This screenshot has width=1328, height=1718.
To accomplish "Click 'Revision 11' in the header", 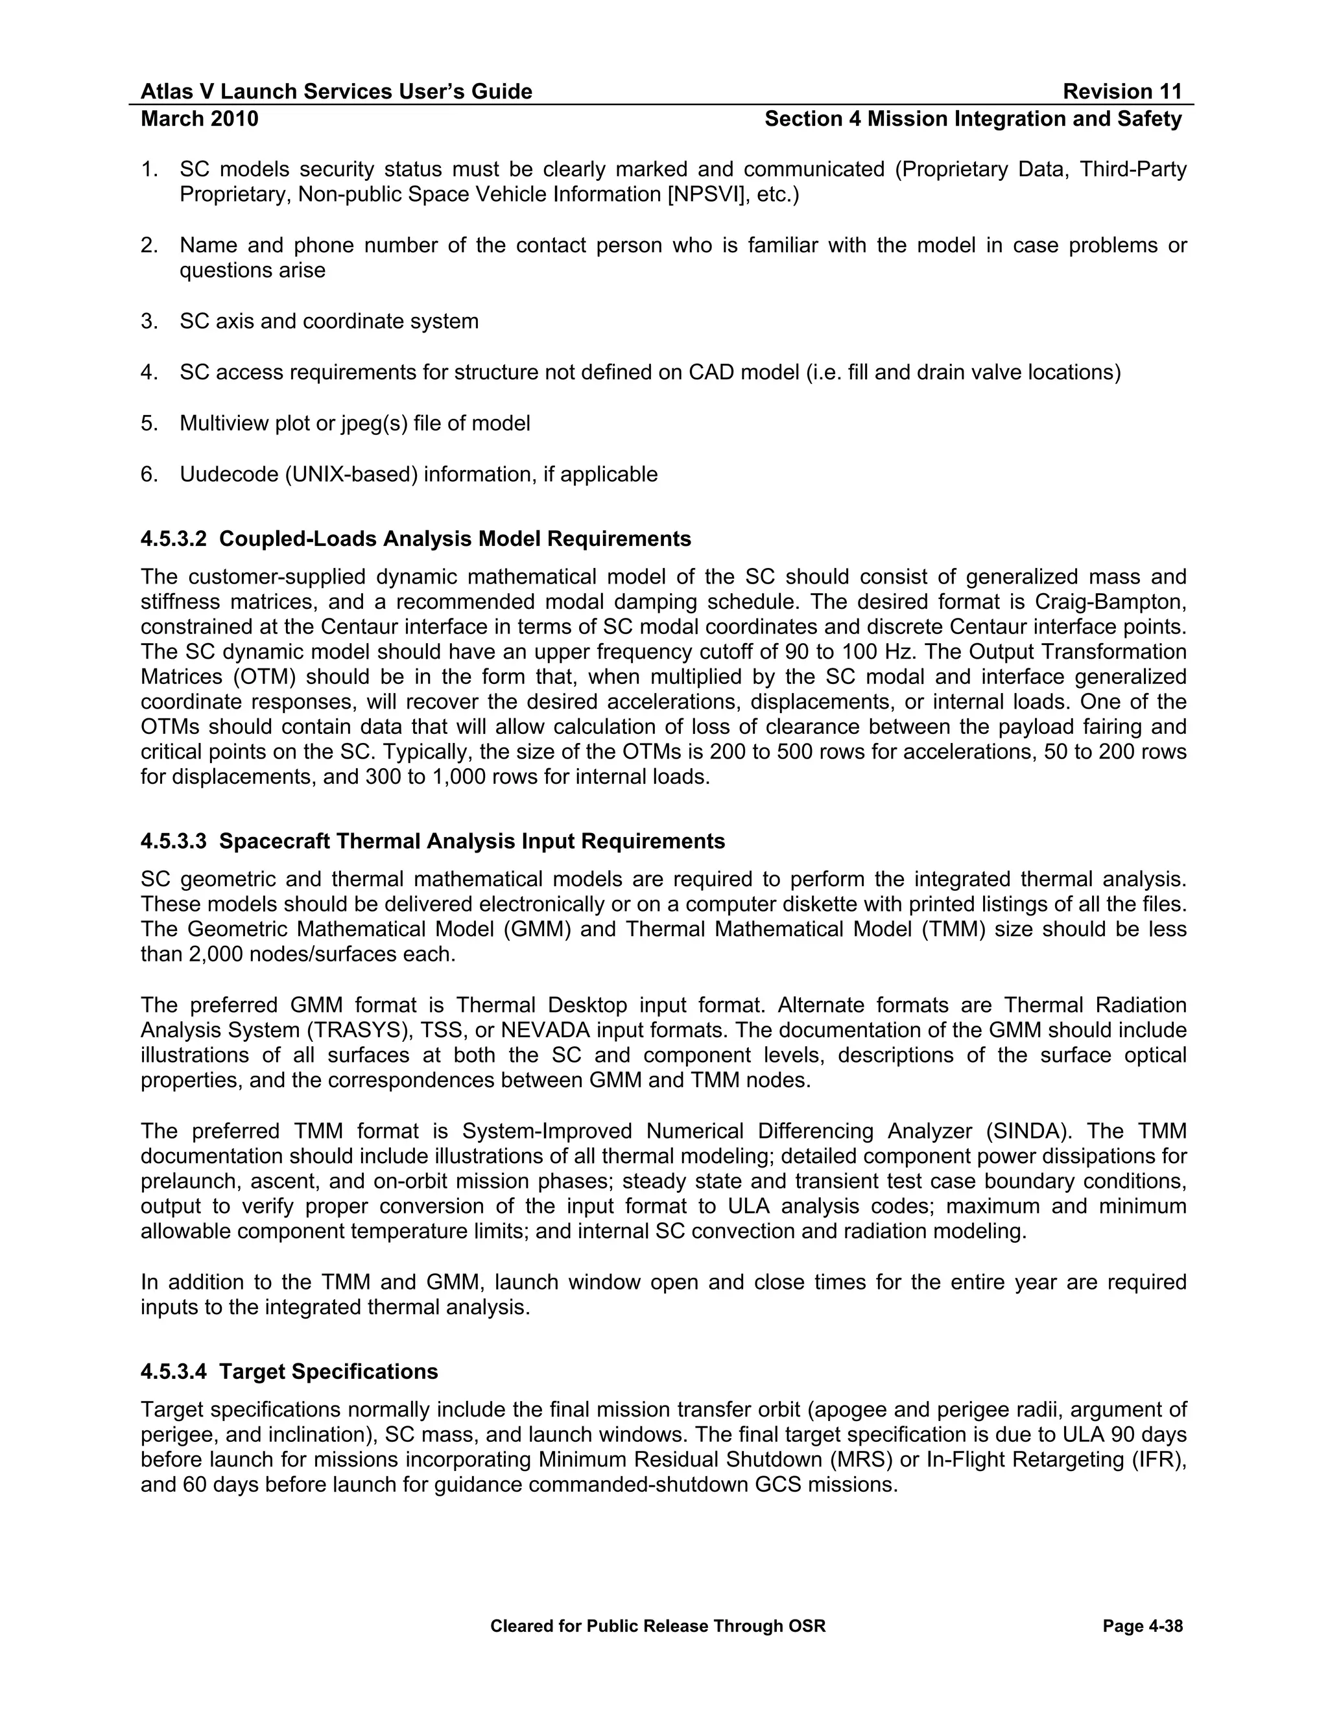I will click(1122, 92).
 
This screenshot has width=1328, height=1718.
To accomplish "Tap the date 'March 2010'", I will click(199, 119).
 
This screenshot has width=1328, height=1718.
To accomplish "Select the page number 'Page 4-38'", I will click(1143, 1626).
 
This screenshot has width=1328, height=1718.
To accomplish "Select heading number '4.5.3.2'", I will click(173, 539).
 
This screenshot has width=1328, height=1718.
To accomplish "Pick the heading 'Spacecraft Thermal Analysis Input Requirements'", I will click(472, 841).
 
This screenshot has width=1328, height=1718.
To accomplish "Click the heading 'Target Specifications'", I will click(328, 1371).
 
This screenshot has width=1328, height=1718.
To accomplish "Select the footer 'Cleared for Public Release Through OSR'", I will click(658, 1626).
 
